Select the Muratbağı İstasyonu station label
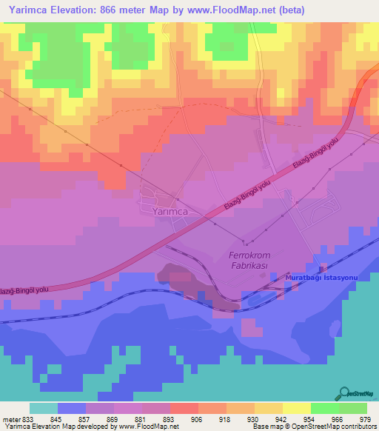pos(322,276)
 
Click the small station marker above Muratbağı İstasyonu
pos(321,268)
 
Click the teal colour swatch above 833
pos(43,408)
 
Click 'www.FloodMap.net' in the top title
pos(235,10)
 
